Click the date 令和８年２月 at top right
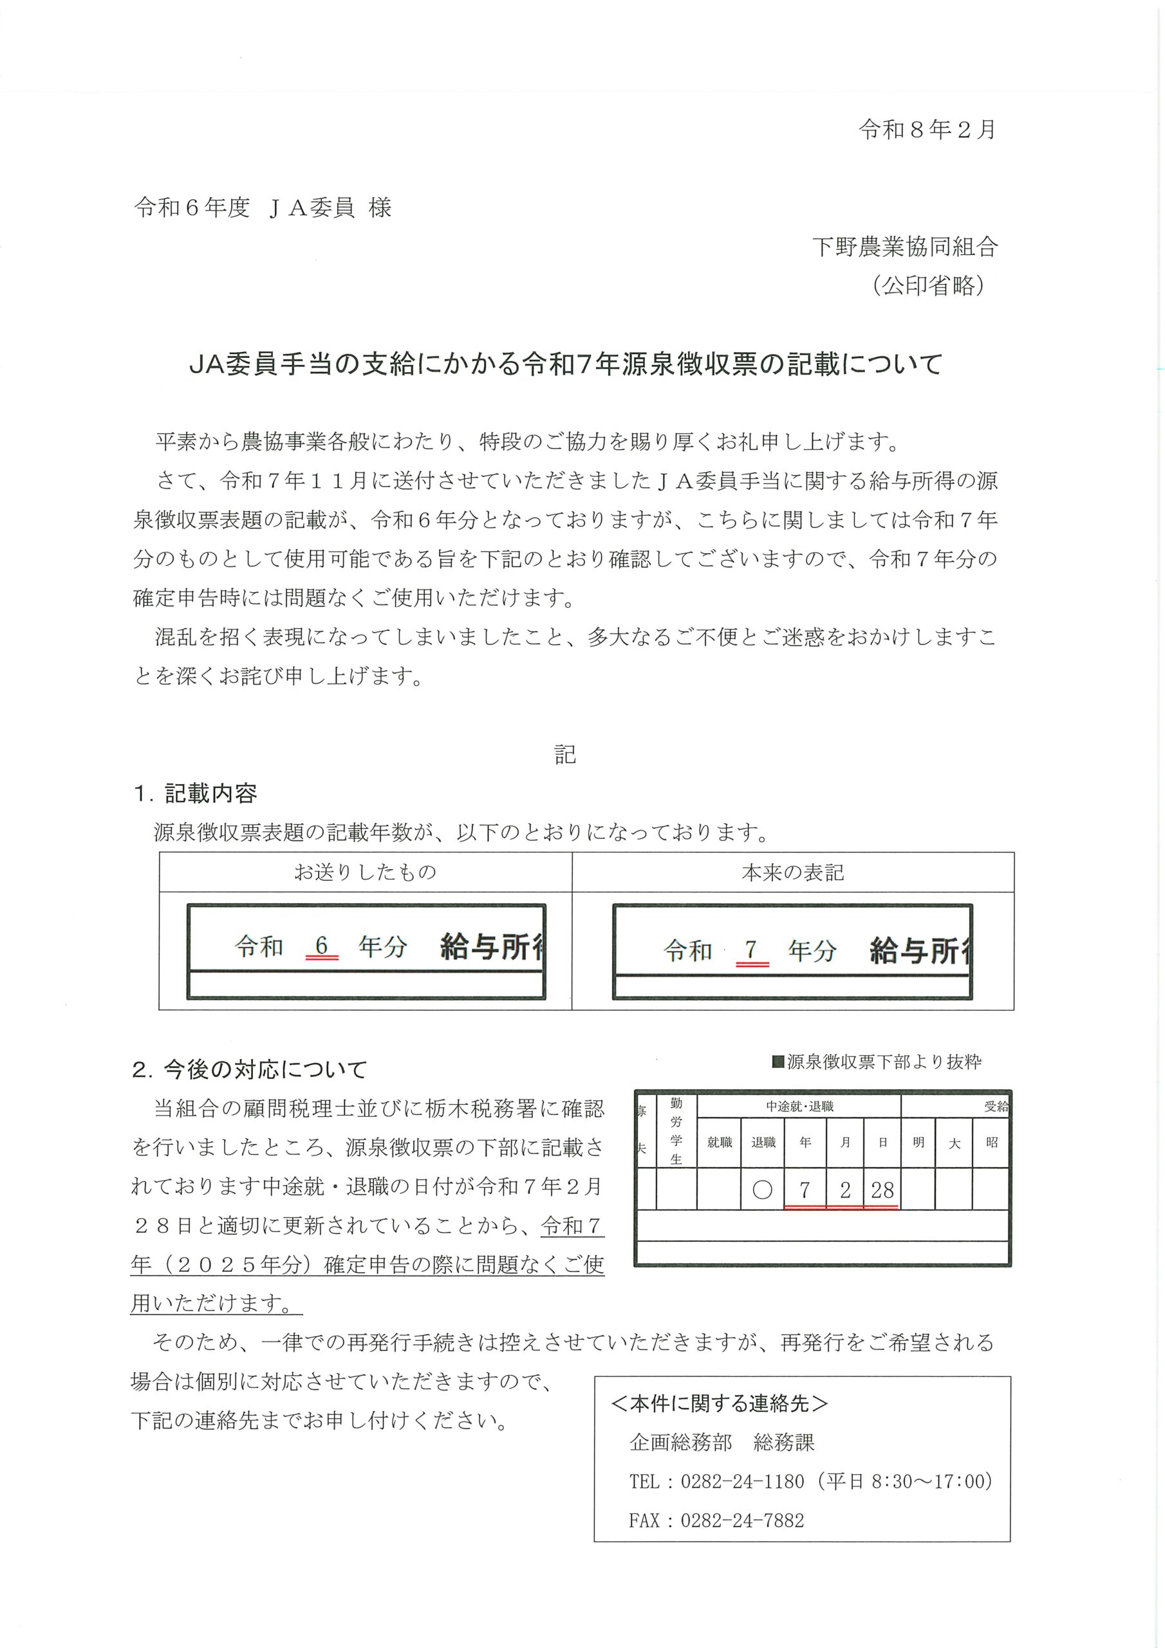point(927,129)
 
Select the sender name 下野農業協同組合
point(905,247)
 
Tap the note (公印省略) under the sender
point(928,286)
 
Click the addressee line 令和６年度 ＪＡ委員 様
point(263,208)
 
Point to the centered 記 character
point(565,754)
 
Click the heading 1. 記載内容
point(195,793)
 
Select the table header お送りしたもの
point(365,872)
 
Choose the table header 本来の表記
point(792,872)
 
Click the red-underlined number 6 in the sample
point(322,946)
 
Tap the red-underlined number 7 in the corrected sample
point(751,950)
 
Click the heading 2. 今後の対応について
point(249,1070)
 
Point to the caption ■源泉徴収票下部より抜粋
point(876,1062)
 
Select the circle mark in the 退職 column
point(762,1190)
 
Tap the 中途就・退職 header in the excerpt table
point(799,1107)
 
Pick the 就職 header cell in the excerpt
point(719,1142)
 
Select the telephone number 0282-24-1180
point(742,1481)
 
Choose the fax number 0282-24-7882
point(742,1521)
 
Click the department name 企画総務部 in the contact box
point(680,1443)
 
